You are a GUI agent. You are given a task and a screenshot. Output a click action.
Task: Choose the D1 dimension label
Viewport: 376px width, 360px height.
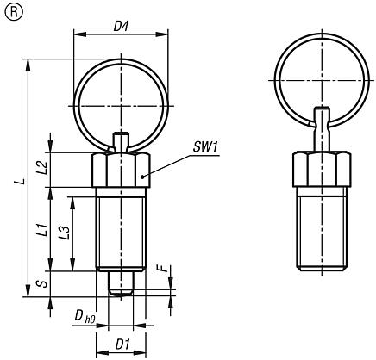pos(122,344)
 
